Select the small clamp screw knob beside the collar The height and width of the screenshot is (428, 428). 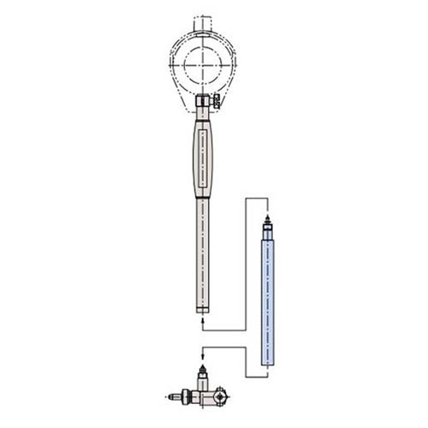click(215, 103)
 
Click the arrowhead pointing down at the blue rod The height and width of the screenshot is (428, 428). click(268, 213)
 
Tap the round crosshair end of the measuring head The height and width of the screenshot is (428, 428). click(220, 396)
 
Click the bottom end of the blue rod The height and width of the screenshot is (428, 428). click(268, 365)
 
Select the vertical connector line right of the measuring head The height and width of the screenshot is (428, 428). click(247, 360)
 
